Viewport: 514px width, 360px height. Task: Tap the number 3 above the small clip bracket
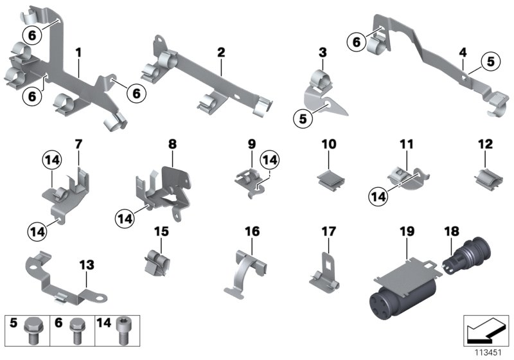click(x=323, y=51)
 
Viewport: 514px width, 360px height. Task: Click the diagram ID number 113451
click(x=488, y=352)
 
